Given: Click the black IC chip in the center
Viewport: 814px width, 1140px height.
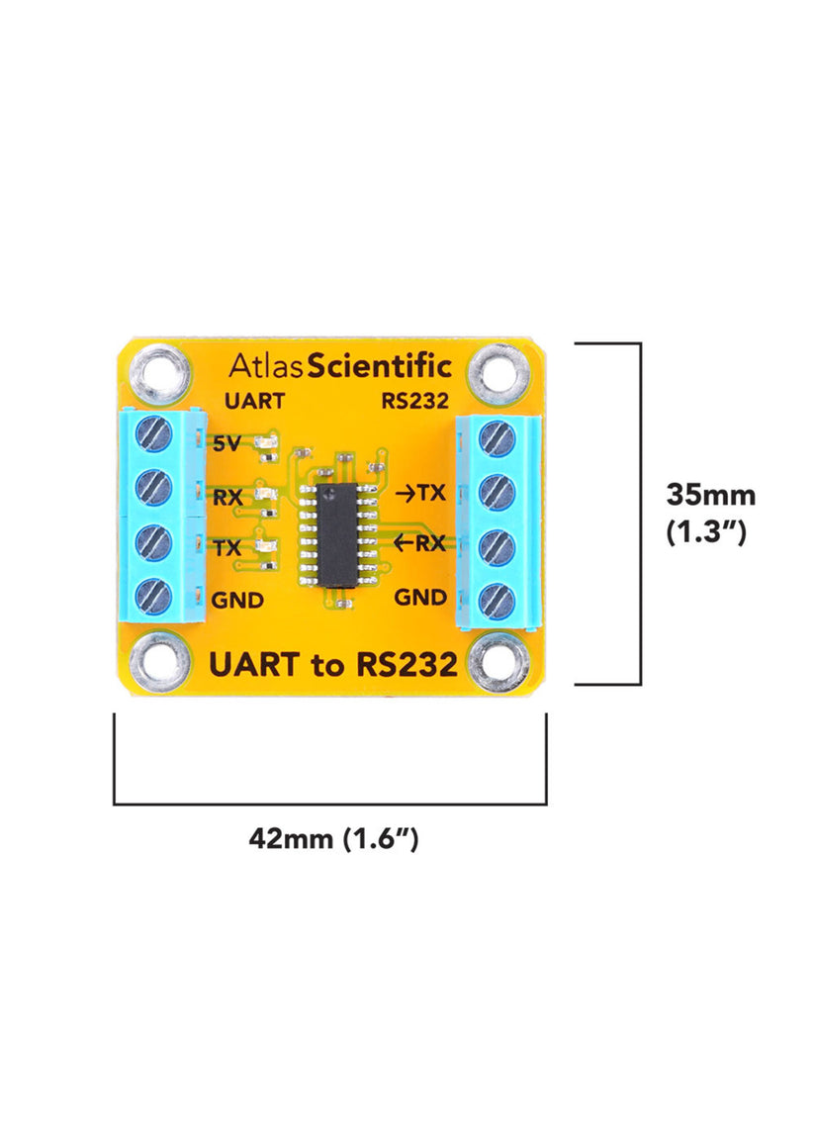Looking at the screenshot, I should click(x=339, y=535).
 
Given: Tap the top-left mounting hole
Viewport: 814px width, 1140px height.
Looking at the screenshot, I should click(x=158, y=373).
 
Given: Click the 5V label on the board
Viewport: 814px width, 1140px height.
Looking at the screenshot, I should click(x=226, y=444).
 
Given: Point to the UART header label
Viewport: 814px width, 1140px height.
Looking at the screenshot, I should click(x=254, y=402).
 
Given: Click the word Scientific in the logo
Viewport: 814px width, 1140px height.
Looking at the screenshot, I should click(x=380, y=367).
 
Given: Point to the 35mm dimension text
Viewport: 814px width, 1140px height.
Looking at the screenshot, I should click(x=710, y=494).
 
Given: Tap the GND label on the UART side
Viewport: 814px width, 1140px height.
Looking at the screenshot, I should click(x=238, y=600).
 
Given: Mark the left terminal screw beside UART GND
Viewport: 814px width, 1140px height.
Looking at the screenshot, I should click(x=154, y=595).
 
